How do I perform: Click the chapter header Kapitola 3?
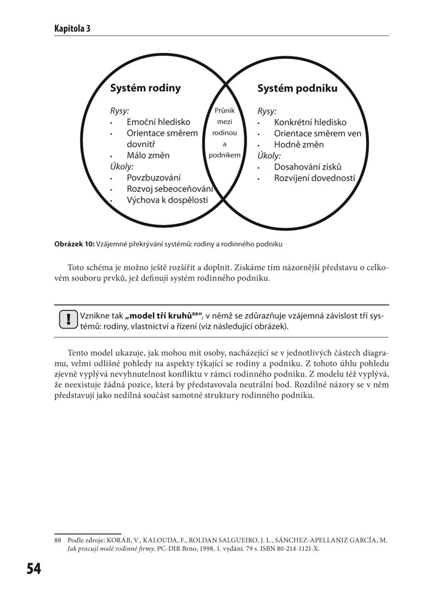(x=72, y=29)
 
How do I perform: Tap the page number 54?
(x=33, y=568)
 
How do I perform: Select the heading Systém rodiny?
(x=145, y=88)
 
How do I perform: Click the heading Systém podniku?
(x=297, y=89)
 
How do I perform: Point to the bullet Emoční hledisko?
(x=156, y=123)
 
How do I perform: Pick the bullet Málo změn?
(x=148, y=156)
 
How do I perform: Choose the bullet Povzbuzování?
(x=153, y=178)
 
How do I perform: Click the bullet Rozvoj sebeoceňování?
(x=170, y=189)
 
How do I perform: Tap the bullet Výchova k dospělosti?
(x=167, y=201)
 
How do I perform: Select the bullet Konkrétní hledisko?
(x=310, y=123)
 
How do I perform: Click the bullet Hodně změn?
(x=298, y=145)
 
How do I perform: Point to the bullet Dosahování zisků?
(x=308, y=167)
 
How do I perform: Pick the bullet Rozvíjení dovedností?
(x=314, y=178)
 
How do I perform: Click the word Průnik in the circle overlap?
(x=224, y=111)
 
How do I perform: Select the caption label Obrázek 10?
(x=74, y=244)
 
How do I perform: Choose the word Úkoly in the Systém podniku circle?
(x=268, y=156)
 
